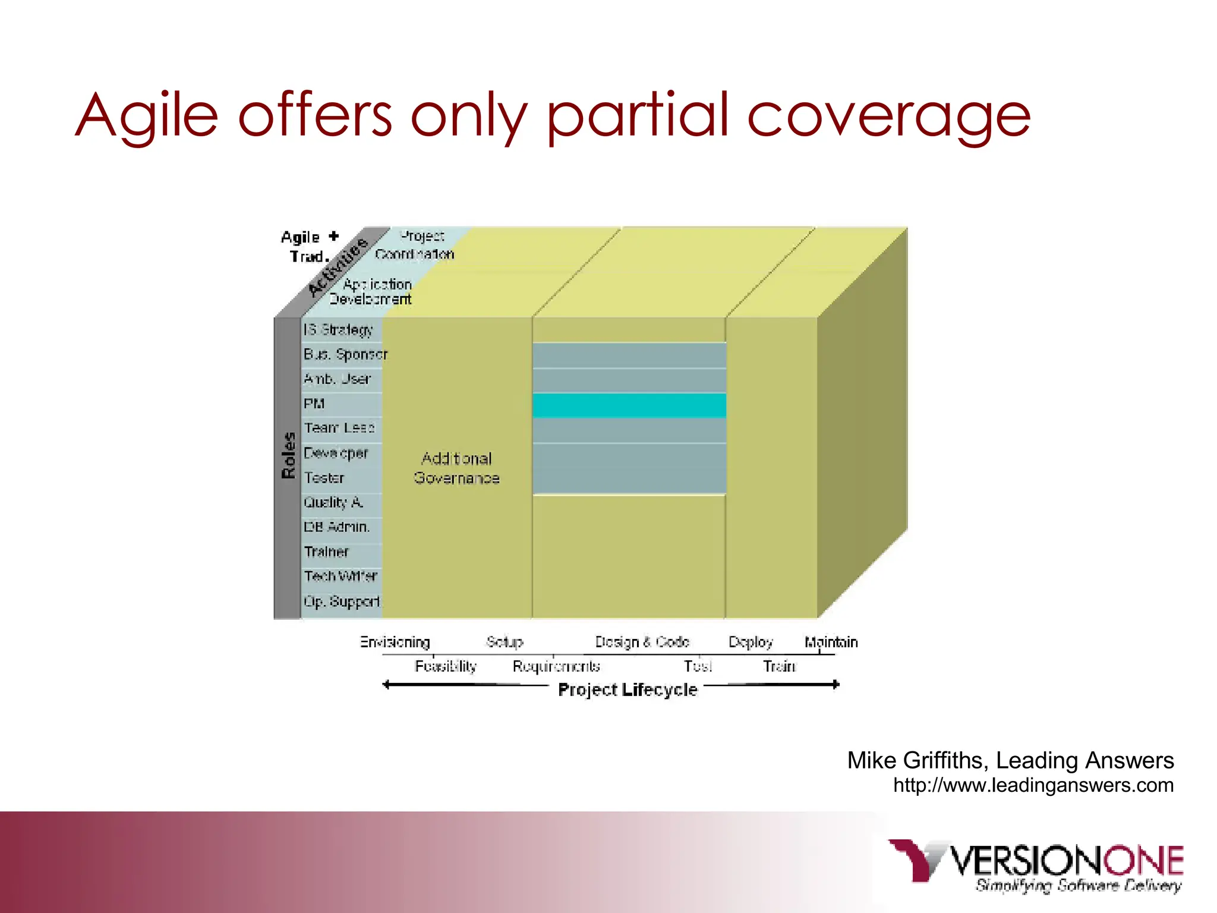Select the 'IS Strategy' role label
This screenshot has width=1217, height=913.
tap(338, 330)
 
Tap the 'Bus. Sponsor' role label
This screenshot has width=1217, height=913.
tap(345, 355)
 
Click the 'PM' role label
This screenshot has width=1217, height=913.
tap(314, 404)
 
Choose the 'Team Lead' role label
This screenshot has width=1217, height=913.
tap(339, 428)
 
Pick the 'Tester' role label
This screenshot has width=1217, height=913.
tap(324, 478)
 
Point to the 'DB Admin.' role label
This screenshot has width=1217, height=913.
tap(336, 527)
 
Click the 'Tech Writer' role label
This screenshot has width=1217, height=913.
tap(340, 576)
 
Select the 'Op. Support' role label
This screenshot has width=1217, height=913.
tap(342, 602)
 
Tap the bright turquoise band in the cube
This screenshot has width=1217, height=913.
tap(629, 405)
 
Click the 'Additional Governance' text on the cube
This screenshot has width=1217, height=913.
tap(456, 468)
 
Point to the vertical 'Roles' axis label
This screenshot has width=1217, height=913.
tap(288, 455)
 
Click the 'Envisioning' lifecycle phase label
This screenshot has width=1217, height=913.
tap(395, 642)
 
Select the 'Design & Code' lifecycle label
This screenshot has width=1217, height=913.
tap(642, 642)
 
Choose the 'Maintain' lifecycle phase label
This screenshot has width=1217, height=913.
tap(831, 642)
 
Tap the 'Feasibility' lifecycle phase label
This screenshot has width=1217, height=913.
tap(446, 666)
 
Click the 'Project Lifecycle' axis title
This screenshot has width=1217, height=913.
tap(627, 690)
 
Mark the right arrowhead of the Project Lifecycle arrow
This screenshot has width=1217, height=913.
tap(835, 685)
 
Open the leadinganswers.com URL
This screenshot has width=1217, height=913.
tap(1033, 785)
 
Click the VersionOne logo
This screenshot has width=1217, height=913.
tap(1035, 865)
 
